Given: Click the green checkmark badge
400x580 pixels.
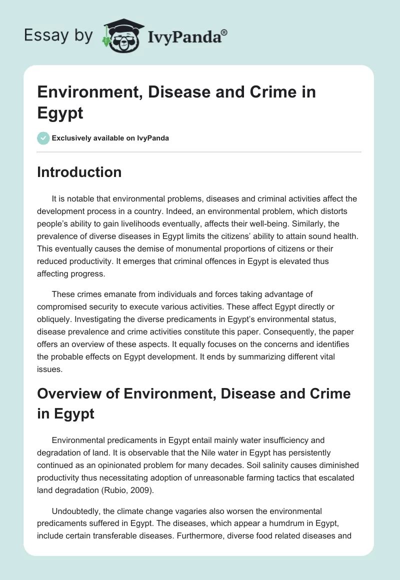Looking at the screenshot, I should pos(43,138).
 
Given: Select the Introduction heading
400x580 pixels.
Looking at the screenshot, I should pos(79,172).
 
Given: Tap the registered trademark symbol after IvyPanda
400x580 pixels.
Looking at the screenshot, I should pos(224,32).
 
